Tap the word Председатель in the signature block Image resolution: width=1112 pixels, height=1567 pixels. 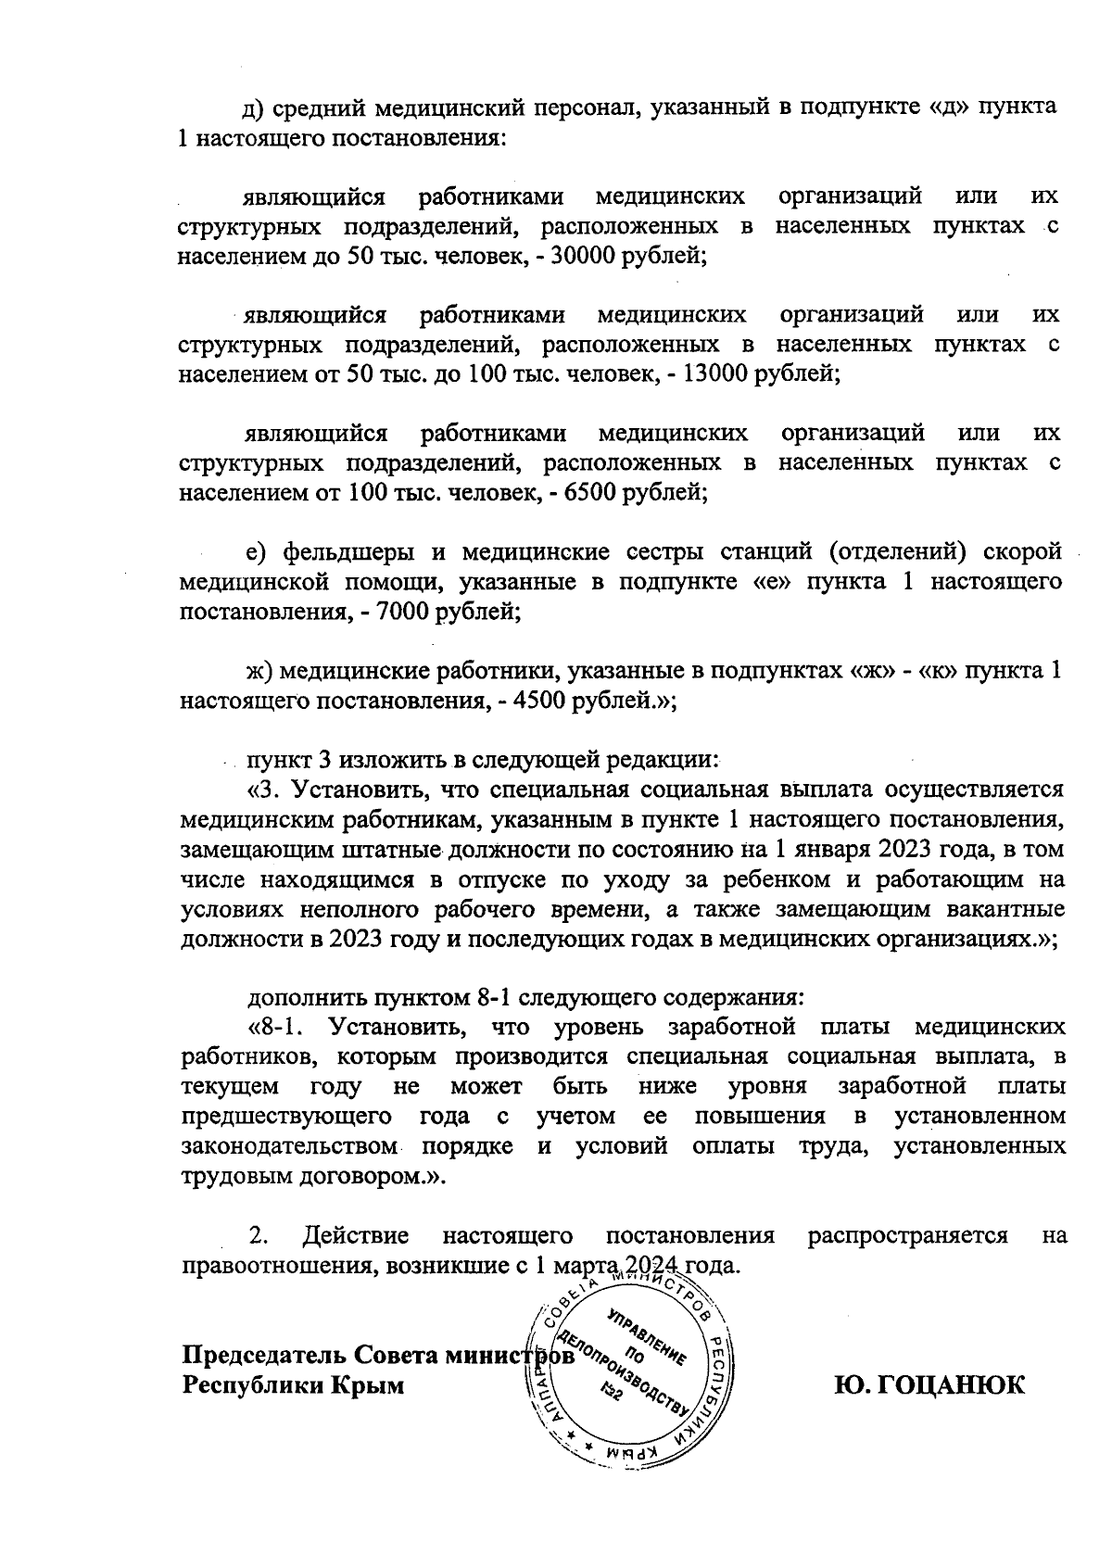pos(263,1355)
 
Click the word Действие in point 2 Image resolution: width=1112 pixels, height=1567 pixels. pos(356,1235)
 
